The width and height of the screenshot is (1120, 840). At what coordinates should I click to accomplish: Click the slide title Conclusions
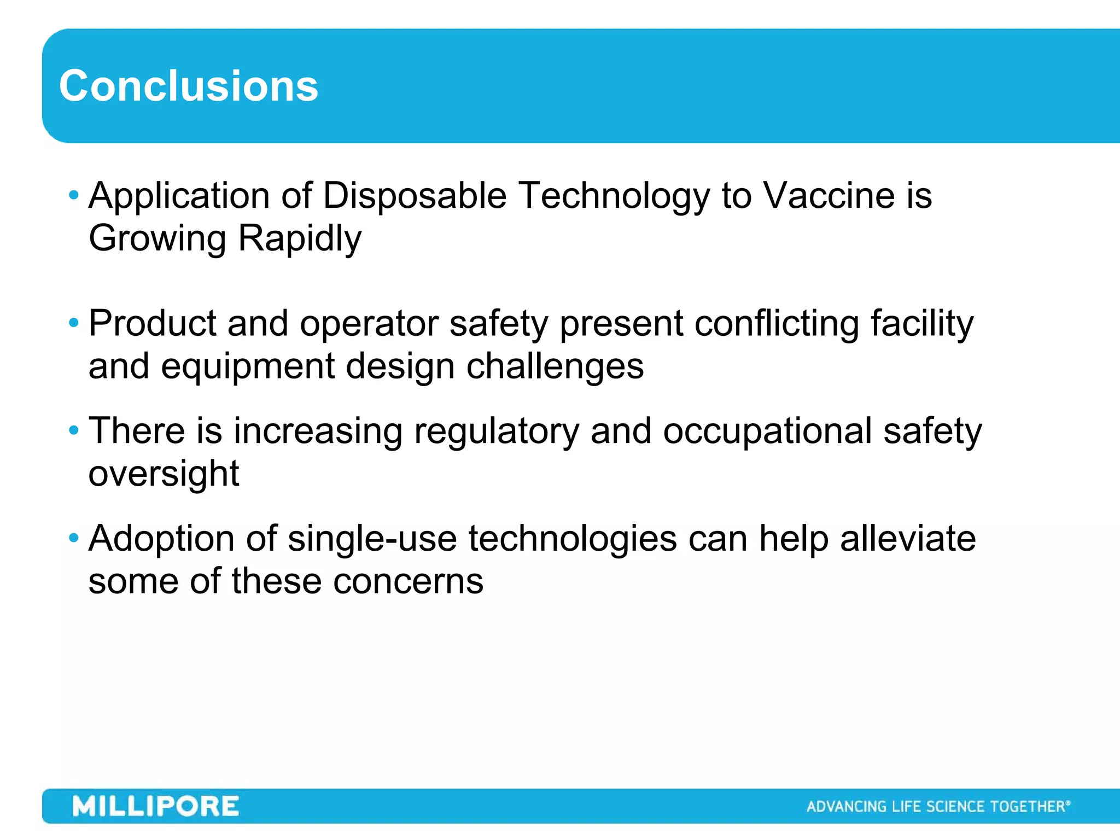(188, 86)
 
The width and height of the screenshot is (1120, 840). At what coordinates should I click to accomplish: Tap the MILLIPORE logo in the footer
(156, 807)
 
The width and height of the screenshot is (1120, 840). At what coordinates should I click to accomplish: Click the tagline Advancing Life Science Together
(937, 807)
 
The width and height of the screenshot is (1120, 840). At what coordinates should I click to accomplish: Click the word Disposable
(415, 196)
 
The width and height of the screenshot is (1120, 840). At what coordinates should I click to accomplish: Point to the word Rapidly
(300, 238)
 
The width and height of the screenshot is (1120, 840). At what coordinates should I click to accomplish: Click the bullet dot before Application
(74, 195)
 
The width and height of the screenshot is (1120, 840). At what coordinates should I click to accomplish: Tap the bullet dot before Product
(74, 323)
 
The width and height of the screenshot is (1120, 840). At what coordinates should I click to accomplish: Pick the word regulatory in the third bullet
(496, 431)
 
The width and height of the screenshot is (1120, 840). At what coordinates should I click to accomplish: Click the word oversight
(164, 474)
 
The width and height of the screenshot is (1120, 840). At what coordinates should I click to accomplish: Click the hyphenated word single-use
(372, 539)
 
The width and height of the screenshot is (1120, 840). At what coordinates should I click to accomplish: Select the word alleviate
(907, 539)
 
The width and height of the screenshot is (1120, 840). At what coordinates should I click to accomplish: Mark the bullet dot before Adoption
(74, 538)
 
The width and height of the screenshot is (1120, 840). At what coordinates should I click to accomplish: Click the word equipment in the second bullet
(247, 366)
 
